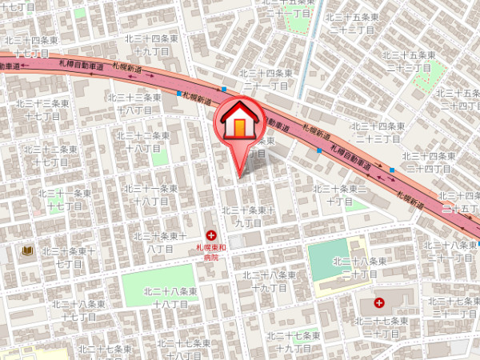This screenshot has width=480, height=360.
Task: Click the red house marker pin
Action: tap(239, 124)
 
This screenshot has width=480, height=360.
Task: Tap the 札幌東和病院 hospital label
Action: tap(211, 253)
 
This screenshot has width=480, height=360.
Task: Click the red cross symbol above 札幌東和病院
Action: tap(211, 235)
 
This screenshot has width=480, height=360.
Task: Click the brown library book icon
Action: tap(27, 251)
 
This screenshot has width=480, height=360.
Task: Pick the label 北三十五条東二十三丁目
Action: tap(411, 61)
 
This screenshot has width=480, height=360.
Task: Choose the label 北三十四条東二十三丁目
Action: tap(375, 132)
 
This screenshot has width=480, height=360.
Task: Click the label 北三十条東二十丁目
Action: tap(339, 194)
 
